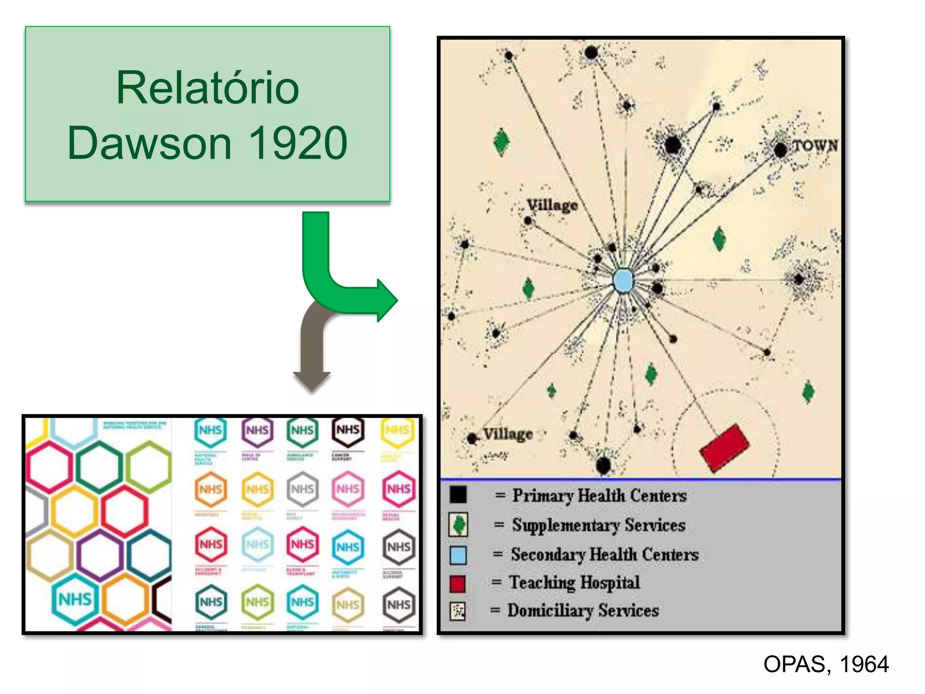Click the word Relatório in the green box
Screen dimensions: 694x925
207,88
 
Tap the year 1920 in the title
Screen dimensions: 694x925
298,143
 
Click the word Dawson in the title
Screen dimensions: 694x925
149,143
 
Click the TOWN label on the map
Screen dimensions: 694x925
815,145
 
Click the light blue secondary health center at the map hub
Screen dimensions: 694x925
623,281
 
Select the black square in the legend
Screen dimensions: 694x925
458,495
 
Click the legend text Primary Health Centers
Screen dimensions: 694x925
599,496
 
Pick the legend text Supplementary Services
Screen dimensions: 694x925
598,525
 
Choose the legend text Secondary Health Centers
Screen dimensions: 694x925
605,554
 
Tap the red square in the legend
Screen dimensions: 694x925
458,583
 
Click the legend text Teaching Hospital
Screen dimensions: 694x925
575,582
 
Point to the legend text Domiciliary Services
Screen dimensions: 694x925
583,611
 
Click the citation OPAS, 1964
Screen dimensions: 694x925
826,664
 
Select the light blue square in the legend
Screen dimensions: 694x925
458,555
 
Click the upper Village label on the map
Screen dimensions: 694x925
552,206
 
